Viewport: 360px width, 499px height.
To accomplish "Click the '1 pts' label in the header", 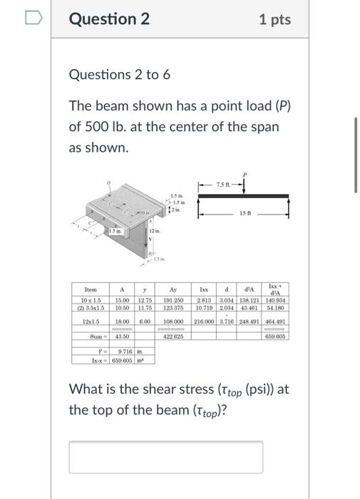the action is [274, 19].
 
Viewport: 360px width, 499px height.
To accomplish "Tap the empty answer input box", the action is [165, 457].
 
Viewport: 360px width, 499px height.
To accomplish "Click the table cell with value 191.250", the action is [173, 301].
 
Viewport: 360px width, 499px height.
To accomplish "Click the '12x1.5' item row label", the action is [88, 321].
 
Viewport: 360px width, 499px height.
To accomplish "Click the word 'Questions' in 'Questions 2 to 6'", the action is [98, 75].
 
